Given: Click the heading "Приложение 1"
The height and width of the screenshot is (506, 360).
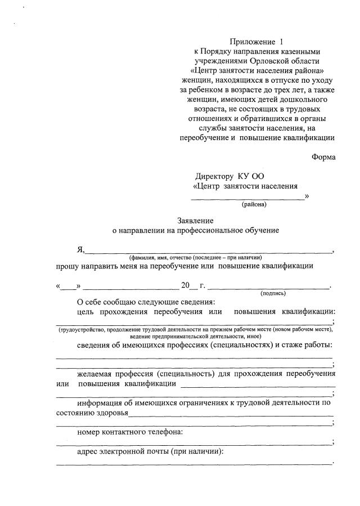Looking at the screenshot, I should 254,42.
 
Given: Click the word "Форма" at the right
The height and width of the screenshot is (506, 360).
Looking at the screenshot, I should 323,157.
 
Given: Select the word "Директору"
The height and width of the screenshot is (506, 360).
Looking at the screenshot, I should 214,176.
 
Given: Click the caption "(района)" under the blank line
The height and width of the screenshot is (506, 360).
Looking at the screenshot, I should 254,204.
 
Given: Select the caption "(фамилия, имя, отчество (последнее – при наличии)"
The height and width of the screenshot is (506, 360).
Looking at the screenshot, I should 195,257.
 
